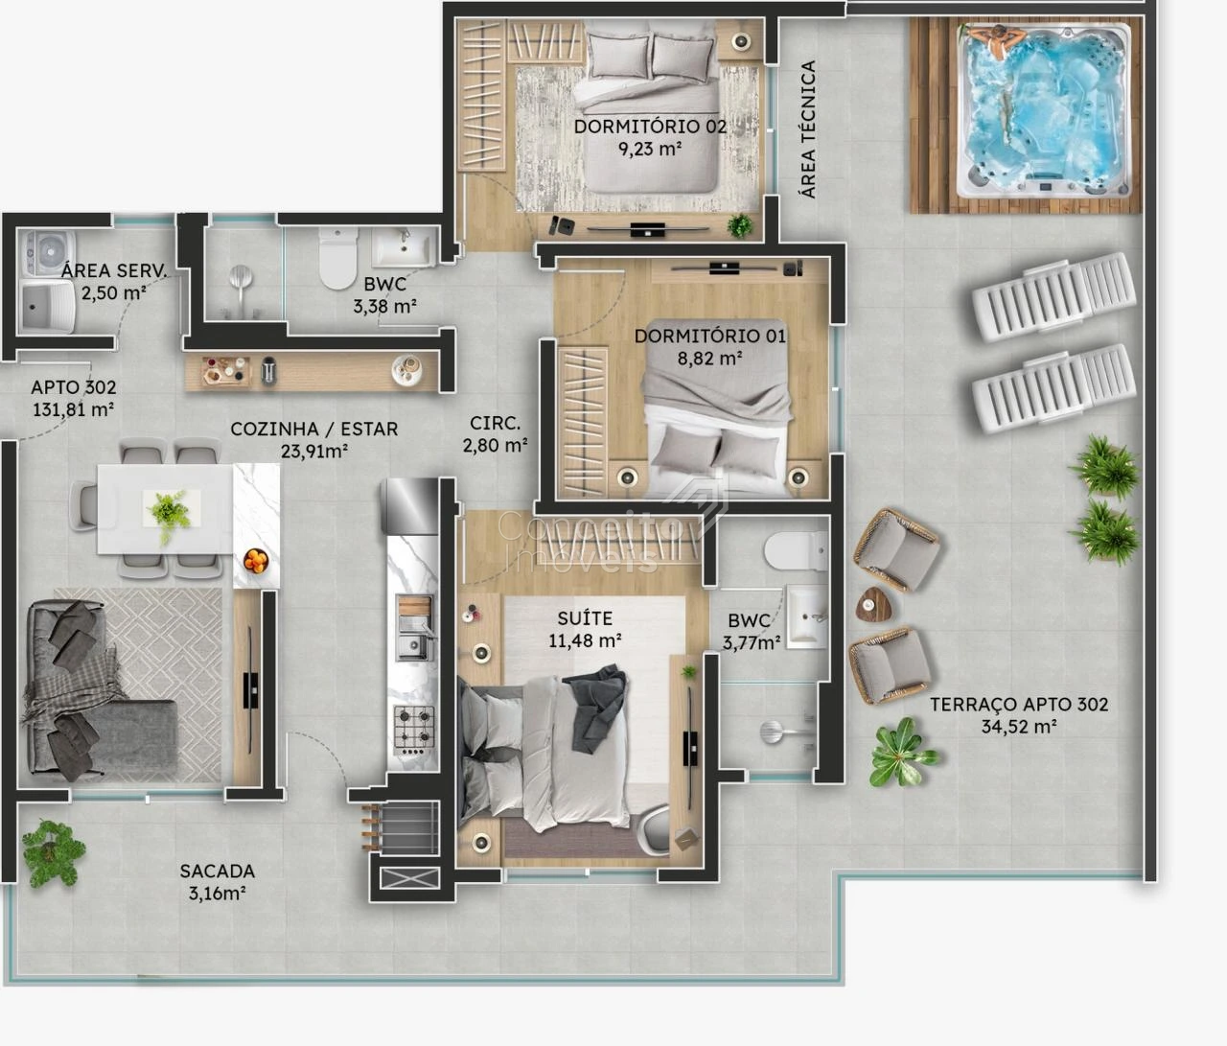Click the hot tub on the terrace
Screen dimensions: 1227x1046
click(x=1044, y=111)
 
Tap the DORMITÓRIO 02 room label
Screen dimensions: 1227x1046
click(x=650, y=127)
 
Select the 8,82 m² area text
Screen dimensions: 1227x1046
click(x=710, y=359)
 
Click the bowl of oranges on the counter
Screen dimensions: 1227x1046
click(x=256, y=561)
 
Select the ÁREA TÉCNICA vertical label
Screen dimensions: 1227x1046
click(x=808, y=129)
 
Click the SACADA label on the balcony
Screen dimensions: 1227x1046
click(x=218, y=871)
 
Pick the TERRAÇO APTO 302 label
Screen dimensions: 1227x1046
click(x=1019, y=704)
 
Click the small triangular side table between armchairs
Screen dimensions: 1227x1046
click(x=873, y=604)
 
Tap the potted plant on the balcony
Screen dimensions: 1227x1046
click(x=52, y=853)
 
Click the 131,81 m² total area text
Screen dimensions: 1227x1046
click(x=73, y=409)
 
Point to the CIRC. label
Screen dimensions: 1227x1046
click(x=495, y=423)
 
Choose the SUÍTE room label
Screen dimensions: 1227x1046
click(x=585, y=618)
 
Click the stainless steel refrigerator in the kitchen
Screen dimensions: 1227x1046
click(x=410, y=506)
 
